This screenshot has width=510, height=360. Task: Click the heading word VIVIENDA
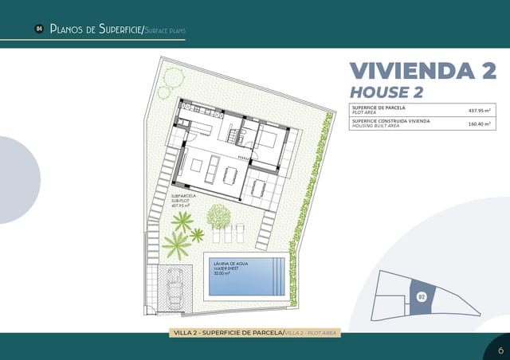click(410, 70)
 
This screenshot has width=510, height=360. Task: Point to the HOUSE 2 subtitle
click(386, 92)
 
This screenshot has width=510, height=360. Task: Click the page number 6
click(500, 350)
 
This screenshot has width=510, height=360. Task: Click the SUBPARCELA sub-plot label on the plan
click(183, 195)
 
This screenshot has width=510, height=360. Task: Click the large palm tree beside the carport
click(177, 245)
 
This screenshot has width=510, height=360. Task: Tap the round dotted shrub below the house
click(218, 214)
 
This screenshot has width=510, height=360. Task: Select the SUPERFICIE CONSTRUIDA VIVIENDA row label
click(390, 120)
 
